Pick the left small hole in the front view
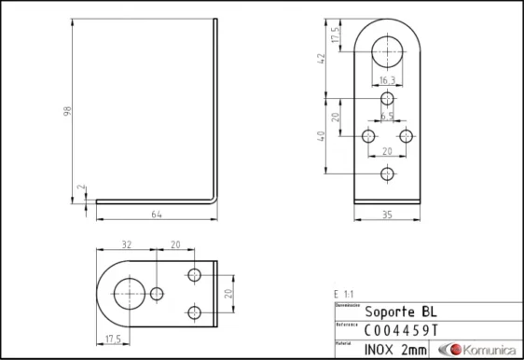[x=369, y=136]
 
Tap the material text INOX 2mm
[x=395, y=349]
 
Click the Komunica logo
[x=480, y=349]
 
